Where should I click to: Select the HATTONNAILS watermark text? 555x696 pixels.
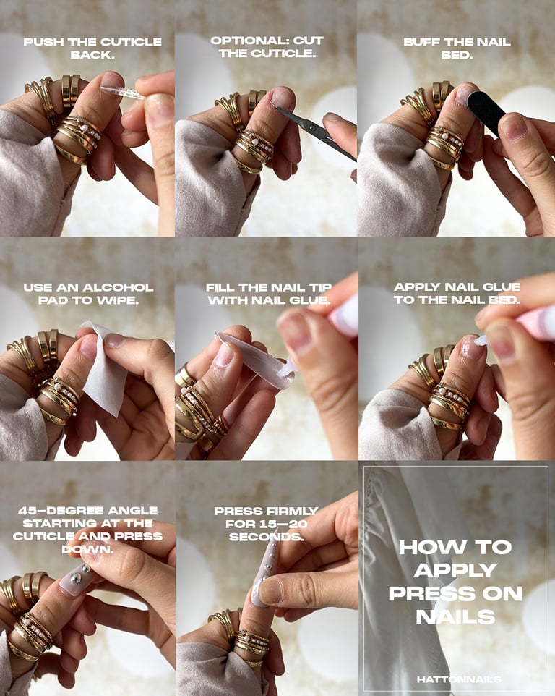point(459,679)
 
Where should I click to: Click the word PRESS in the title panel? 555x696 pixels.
point(421,593)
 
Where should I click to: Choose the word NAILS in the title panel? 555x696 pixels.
point(455,616)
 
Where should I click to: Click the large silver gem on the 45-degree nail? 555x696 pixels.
point(76,577)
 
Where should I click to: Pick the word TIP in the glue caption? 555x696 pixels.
point(321,288)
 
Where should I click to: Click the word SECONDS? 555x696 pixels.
point(267,537)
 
